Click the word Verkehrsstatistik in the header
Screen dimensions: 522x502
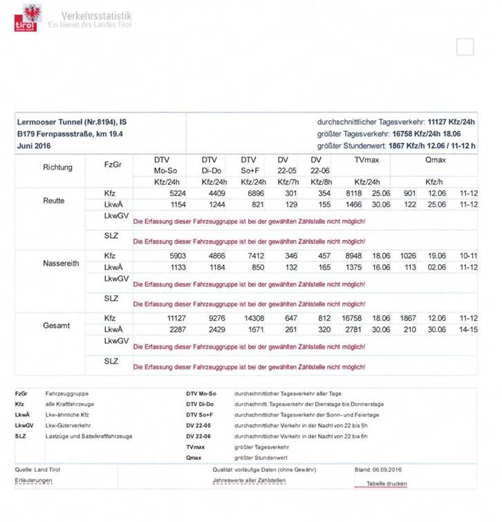[96, 15]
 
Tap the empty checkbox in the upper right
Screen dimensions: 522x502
[465, 47]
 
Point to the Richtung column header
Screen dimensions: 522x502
[57, 167]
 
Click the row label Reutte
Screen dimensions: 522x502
[53, 201]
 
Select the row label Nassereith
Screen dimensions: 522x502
[61, 263]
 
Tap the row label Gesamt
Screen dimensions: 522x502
[57, 325]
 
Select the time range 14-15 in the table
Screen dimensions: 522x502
[468, 330]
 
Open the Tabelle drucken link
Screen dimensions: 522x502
[387, 484]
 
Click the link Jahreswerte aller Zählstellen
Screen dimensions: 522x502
[249, 479]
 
